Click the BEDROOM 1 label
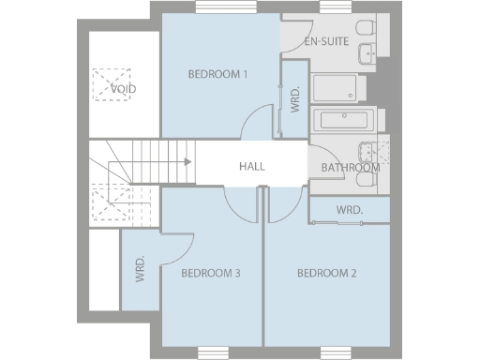(x=217, y=75)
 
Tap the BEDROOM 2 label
(x=327, y=274)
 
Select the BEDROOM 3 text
(x=211, y=274)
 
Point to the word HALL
(x=251, y=166)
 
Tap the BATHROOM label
(x=350, y=168)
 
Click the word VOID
(x=123, y=90)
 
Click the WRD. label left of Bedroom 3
(x=140, y=269)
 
